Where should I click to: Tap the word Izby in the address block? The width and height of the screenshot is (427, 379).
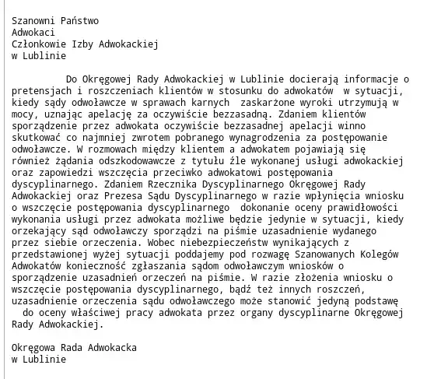pos(87,44)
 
